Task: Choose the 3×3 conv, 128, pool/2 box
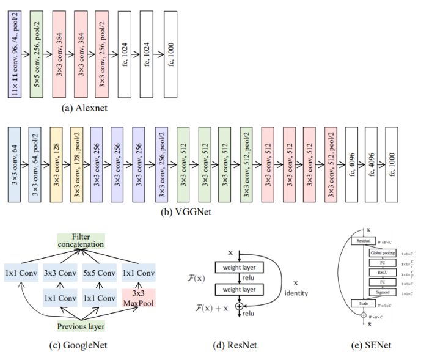click(76, 165)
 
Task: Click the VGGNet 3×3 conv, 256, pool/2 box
click(161, 165)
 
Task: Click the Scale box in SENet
click(363, 303)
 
